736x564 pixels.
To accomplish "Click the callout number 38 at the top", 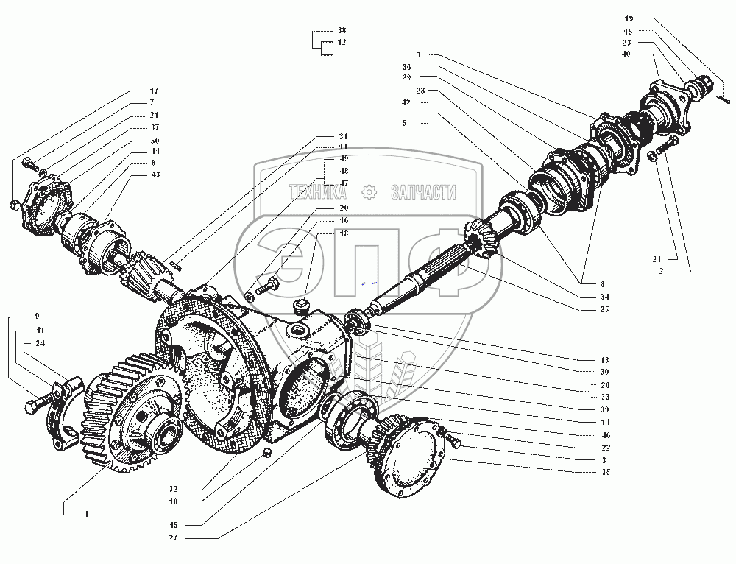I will click(342, 31).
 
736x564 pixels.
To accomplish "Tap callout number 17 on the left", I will click(154, 91).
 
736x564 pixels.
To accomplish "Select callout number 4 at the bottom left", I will click(86, 513).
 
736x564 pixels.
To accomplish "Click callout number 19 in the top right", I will click(629, 18).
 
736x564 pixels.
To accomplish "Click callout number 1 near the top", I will click(419, 54).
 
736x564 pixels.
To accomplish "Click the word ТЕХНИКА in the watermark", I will click(318, 193).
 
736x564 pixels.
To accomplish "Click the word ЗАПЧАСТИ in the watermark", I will click(422, 193).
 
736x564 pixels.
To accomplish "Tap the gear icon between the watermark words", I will click(370, 193).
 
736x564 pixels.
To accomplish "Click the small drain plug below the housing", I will click(269, 449).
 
